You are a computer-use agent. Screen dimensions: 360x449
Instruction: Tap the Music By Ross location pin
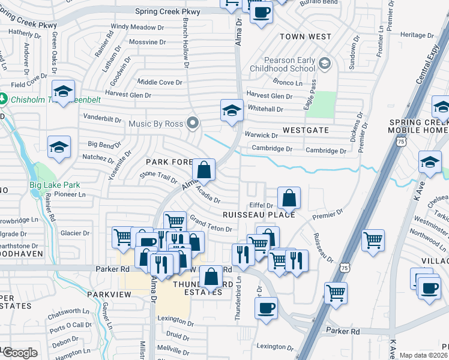click(193, 124)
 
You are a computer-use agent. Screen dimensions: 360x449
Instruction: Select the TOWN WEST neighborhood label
click(305, 37)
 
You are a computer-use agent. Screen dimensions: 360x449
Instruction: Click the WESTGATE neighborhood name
click(306, 130)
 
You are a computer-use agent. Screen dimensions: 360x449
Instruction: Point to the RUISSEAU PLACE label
click(258, 214)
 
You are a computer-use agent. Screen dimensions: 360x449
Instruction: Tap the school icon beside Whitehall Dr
click(232, 110)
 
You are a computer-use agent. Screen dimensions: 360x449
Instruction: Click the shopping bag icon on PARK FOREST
click(204, 170)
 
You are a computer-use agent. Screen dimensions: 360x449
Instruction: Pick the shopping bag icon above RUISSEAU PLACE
click(289, 197)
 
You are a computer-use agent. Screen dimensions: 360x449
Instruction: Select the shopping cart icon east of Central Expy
click(373, 239)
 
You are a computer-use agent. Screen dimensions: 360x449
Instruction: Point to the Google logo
click(19, 353)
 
